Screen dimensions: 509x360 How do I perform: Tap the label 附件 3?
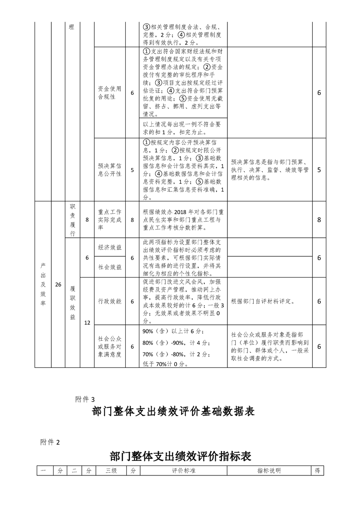85,399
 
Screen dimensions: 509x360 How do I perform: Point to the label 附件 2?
50,443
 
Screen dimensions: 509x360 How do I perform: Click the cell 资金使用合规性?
109,93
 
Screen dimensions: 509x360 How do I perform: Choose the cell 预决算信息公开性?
109,170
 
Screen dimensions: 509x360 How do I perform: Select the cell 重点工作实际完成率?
109,220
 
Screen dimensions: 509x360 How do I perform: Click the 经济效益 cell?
109,248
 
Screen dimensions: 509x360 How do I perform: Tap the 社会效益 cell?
109,267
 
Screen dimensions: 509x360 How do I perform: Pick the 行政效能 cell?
109,301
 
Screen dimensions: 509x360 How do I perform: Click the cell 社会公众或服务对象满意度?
109,346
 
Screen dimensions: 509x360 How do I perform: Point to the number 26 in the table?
58,285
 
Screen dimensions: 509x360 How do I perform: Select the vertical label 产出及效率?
43,285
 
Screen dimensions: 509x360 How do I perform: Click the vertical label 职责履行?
72,220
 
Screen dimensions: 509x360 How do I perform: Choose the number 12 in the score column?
87,323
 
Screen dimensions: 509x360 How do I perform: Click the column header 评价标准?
183,471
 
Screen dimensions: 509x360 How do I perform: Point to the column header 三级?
111,471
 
